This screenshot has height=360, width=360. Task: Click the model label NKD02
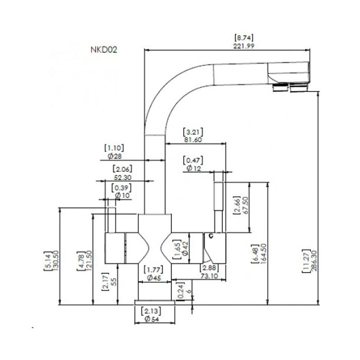[x=104, y=49]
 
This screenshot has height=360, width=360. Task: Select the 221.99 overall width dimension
[x=244, y=46]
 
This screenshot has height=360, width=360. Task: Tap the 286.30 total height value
[x=314, y=261]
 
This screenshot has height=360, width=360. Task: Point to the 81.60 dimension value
[x=193, y=140]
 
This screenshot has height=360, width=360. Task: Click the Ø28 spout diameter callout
[x=115, y=156]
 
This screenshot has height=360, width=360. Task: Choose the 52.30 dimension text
[x=122, y=177]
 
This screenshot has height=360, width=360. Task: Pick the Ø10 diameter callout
[x=122, y=195]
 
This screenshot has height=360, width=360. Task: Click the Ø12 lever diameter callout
[x=194, y=168]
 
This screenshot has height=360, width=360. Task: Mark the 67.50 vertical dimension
[x=245, y=205]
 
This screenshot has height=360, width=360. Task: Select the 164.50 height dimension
[x=263, y=254]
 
